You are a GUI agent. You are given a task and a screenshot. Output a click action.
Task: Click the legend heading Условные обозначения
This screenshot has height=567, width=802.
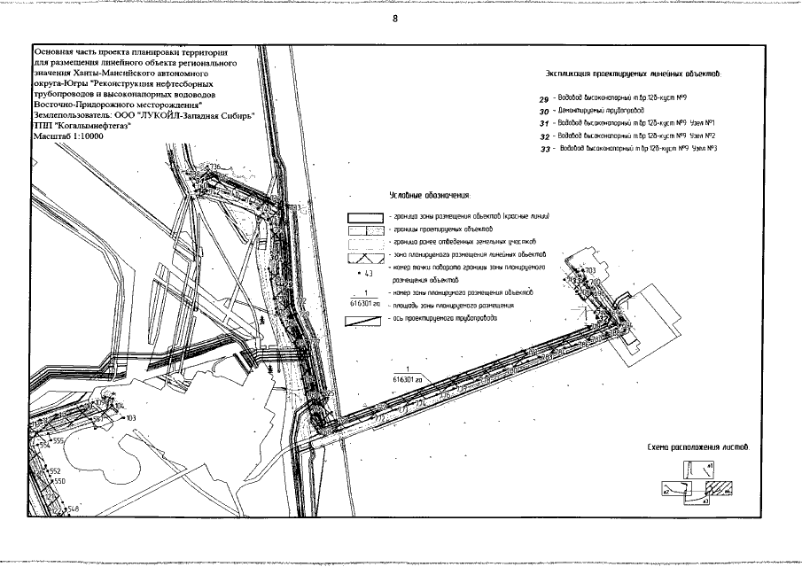(x=430, y=194)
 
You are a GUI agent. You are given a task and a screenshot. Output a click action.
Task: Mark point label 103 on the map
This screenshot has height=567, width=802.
(x=131, y=417)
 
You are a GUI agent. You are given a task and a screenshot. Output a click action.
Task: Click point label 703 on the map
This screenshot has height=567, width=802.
(x=588, y=268)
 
